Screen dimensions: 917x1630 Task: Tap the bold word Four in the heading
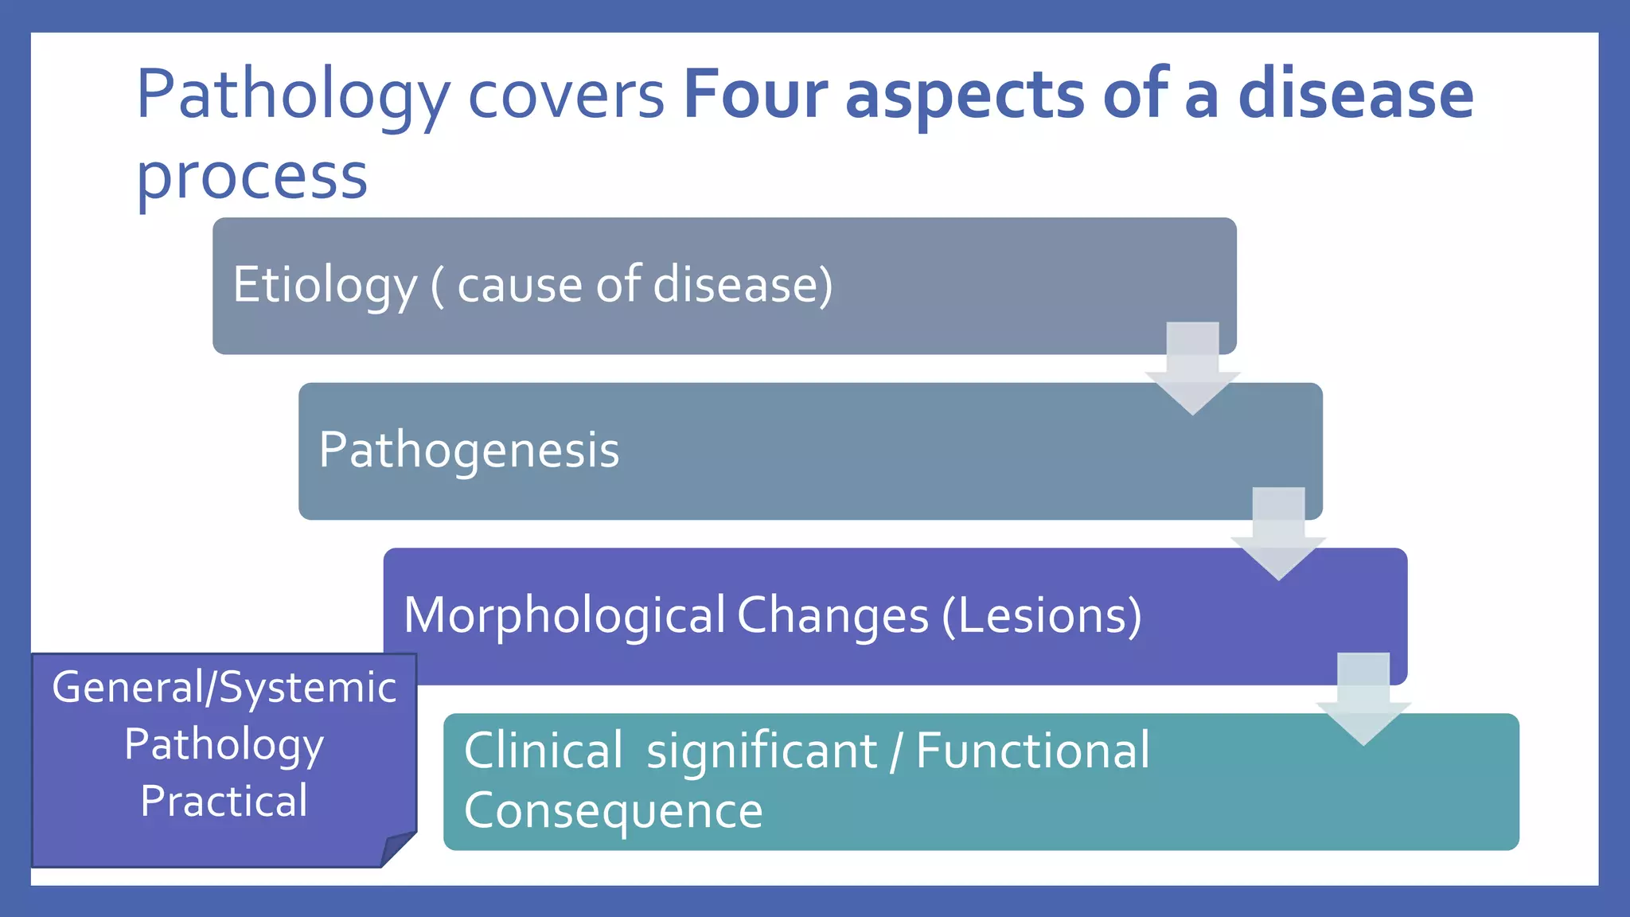(x=755, y=95)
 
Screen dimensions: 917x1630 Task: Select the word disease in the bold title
(x=1355, y=95)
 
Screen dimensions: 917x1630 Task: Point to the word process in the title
(x=252, y=177)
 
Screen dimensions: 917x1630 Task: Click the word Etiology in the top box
(x=325, y=285)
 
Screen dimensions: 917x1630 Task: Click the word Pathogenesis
(x=469, y=451)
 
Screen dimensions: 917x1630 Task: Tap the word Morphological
(x=564, y=615)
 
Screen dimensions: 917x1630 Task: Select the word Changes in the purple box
(x=833, y=615)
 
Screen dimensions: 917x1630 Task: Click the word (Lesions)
(x=1041, y=615)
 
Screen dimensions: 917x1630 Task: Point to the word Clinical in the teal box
(x=543, y=750)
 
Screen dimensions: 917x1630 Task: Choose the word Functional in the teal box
(x=1032, y=750)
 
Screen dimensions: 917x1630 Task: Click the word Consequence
(x=613, y=811)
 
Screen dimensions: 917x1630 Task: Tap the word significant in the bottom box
(x=762, y=750)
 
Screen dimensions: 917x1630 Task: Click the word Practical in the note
(x=224, y=801)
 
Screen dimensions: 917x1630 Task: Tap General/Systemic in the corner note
(x=224, y=687)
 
